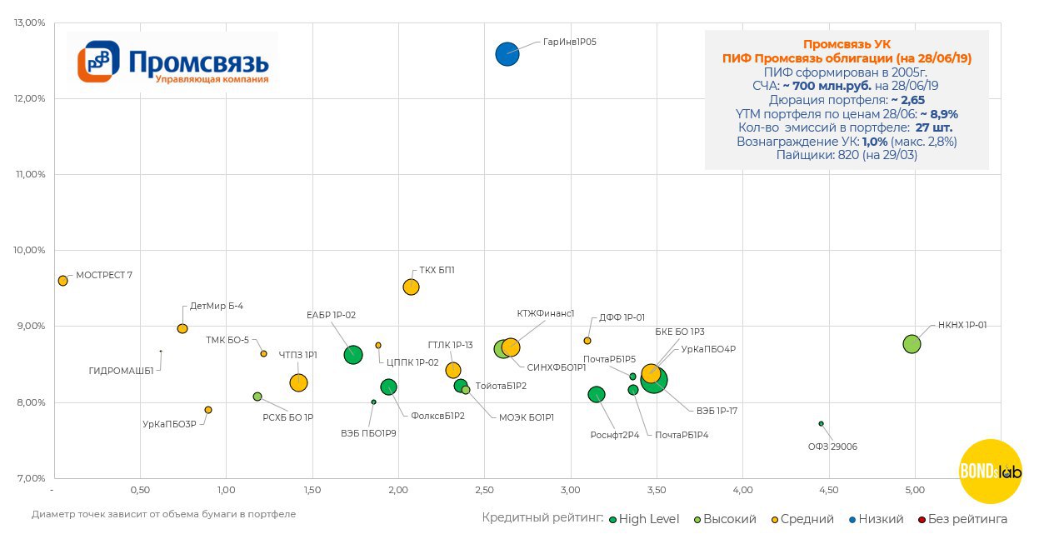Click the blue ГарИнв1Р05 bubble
(507, 54)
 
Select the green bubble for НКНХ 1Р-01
(912, 344)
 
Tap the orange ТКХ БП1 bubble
(411, 287)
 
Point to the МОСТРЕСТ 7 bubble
(62, 281)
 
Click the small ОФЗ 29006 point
(821, 424)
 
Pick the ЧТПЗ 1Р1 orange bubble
(298, 382)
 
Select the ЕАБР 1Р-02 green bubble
(353, 355)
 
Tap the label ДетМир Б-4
(217, 306)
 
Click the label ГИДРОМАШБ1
(122, 372)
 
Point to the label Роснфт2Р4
(615, 435)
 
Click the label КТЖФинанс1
(546, 313)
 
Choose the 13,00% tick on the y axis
(30, 22)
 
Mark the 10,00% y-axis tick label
(30, 250)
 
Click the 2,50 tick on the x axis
(484, 489)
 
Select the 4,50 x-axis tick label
(828, 489)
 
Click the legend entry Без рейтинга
(963, 519)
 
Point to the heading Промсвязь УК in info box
(847, 44)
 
